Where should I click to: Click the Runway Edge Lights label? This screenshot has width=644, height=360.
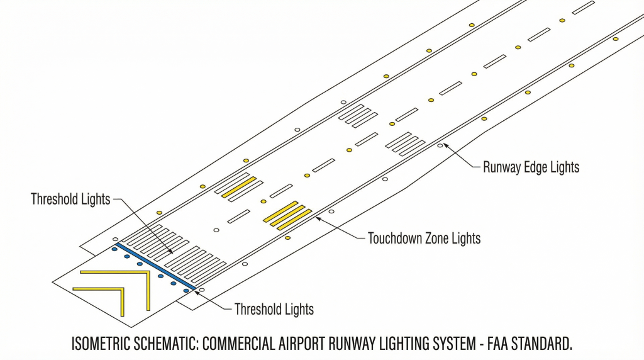(531, 167)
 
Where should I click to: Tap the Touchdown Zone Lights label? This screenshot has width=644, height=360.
(424, 239)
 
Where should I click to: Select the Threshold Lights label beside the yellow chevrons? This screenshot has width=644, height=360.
(274, 309)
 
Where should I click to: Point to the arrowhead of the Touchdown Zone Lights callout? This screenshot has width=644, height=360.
(317, 218)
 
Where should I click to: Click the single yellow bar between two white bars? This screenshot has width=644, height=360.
(239, 186)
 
